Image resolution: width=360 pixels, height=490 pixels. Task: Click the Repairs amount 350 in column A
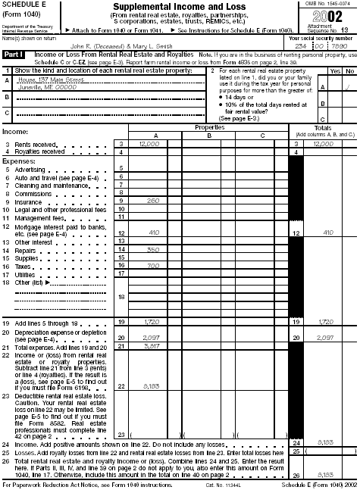[153, 249]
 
